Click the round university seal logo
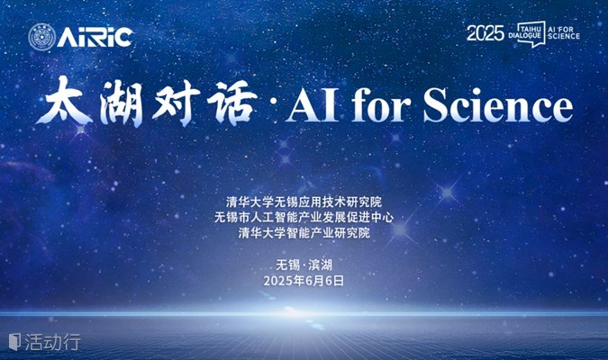pos(41,37)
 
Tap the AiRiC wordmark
pos(95,38)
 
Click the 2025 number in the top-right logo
pos(485,33)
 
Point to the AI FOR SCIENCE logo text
pos(563,33)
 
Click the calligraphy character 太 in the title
pos(64,101)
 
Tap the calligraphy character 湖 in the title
pos(121,103)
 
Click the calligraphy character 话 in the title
pos(231,103)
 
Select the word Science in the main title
pos(498,103)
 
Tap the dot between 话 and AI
pos(272,103)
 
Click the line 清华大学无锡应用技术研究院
pos(304,202)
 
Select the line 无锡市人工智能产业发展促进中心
pos(304,217)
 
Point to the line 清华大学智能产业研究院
pos(304,232)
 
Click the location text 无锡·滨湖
pos(304,265)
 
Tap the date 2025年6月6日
pos(304,281)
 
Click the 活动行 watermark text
pos(53,342)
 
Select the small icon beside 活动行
pos(14,342)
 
